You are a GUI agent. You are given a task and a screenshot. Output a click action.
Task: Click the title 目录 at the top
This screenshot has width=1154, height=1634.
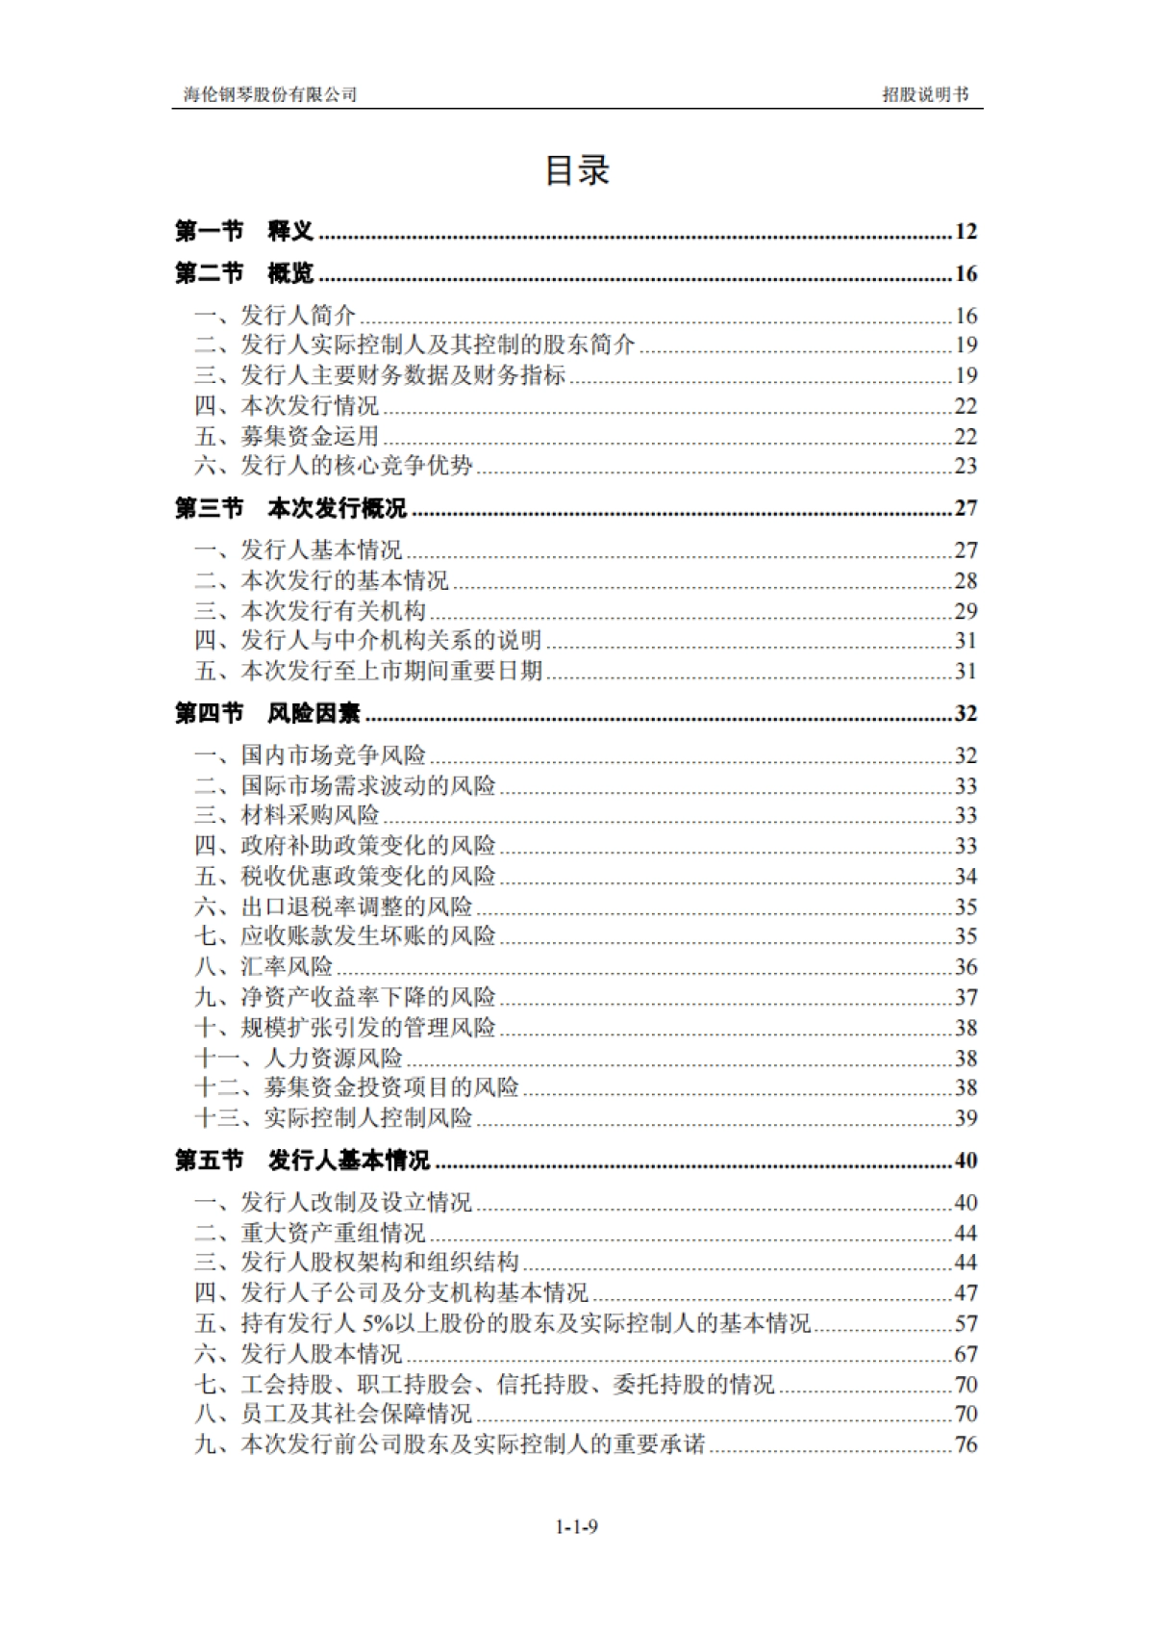click(x=577, y=170)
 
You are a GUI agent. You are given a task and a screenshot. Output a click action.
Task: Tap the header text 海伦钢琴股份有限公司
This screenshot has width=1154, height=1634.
click(x=270, y=94)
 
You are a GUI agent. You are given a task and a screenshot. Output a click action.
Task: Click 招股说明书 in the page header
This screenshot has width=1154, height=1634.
click(x=925, y=94)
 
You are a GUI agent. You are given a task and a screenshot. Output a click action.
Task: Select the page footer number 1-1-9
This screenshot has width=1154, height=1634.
click(x=577, y=1526)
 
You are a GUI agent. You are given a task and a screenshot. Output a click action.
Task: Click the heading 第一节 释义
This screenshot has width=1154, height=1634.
click(x=244, y=231)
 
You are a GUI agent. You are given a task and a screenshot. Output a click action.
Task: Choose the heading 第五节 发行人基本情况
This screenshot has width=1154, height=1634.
click(x=302, y=1161)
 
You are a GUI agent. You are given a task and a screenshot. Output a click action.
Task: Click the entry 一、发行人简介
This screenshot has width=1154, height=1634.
click(x=275, y=316)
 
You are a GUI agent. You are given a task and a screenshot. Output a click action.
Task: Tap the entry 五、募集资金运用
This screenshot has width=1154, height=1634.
click(x=287, y=436)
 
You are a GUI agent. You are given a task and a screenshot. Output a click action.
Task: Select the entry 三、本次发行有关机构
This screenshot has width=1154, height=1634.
click(x=310, y=611)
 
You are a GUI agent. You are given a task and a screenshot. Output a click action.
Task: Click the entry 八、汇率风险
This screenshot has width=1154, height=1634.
click(x=263, y=966)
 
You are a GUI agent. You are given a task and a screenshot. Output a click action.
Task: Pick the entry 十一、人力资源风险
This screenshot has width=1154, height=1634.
click(x=298, y=1058)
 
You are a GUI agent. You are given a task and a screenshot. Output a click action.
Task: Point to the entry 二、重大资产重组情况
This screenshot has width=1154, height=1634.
click(x=310, y=1233)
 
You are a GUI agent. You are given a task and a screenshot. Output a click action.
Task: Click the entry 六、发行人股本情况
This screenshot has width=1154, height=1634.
click(x=298, y=1354)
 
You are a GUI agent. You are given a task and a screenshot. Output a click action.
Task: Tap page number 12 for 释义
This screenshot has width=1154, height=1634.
click(x=966, y=232)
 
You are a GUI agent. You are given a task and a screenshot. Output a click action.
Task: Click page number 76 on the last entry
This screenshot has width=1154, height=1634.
click(x=966, y=1444)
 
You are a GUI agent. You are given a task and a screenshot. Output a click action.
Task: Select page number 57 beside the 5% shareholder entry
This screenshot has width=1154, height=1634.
click(x=966, y=1324)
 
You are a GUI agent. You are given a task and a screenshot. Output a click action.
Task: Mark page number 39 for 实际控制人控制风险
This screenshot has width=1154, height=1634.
click(x=966, y=1118)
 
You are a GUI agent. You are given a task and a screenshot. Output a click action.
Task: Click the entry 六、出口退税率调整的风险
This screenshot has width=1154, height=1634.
click(x=333, y=906)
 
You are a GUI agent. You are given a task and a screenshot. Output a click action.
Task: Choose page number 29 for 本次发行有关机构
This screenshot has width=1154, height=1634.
click(x=966, y=611)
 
